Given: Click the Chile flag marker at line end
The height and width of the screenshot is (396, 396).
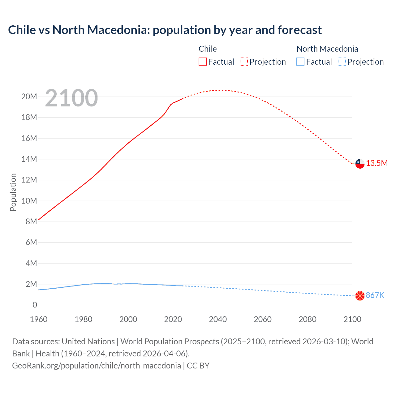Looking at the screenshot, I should [360, 163].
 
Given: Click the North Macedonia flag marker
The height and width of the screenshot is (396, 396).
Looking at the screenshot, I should [360, 296].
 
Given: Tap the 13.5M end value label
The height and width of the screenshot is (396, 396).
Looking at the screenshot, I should [377, 163].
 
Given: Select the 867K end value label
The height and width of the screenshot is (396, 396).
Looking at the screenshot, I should [375, 295].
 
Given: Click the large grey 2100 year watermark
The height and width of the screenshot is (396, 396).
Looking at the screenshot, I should [71, 98].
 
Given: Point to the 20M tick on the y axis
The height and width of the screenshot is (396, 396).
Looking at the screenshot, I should [29, 97].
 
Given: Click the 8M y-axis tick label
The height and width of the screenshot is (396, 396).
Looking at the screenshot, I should [31, 222].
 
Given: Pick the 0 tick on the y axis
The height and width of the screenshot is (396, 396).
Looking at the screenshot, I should [35, 305].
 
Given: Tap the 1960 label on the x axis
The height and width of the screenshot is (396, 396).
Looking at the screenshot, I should [39, 319].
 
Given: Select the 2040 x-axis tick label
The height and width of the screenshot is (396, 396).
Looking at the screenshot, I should [218, 319].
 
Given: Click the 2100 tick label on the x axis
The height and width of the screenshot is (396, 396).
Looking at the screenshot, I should [352, 319].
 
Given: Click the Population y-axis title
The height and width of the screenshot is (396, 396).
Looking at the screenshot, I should [13, 192].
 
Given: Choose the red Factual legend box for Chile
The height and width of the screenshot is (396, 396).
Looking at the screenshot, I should [203, 62].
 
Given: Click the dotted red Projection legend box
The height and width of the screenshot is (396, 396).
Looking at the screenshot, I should [244, 62].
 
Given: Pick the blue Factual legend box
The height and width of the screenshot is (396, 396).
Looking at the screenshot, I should [300, 62].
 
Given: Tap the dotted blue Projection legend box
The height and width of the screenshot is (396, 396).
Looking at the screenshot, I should [342, 62].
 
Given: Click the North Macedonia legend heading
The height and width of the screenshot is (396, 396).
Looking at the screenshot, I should [327, 49].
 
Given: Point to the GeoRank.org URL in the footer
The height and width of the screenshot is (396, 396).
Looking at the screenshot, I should [97, 366].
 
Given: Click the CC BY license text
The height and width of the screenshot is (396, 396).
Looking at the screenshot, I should [198, 366].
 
